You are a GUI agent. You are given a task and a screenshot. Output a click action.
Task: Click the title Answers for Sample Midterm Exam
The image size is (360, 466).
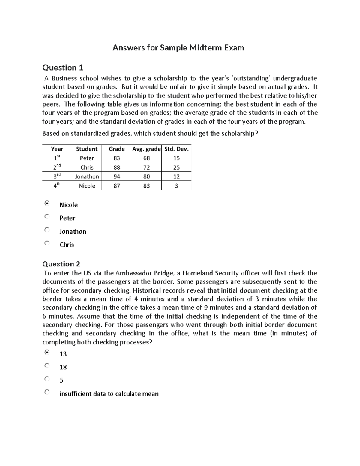click(178, 48)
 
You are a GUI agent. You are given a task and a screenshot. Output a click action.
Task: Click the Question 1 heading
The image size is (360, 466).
click(63, 68)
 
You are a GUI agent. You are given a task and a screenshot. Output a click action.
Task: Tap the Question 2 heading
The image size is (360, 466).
click(61, 264)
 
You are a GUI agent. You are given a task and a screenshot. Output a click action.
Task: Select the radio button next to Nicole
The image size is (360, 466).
click(47, 203)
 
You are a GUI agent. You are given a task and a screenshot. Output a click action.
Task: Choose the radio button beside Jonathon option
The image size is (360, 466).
click(47, 230)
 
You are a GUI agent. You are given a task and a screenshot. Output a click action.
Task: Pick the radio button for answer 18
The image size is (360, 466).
click(47, 365)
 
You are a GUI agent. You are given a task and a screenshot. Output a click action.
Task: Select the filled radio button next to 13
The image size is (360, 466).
click(47, 352)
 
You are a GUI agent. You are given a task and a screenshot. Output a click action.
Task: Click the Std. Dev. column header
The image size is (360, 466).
click(176, 149)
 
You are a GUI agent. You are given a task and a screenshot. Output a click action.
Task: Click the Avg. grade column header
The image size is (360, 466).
click(146, 149)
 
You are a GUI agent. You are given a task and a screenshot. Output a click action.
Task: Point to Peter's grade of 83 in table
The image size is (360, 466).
click(117, 158)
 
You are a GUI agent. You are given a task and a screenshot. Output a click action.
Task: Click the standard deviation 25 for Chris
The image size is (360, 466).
click(176, 167)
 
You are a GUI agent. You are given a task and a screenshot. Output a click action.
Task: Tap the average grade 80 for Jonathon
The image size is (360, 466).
click(146, 176)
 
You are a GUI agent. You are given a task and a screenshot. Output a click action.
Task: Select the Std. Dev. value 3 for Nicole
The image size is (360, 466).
click(176, 186)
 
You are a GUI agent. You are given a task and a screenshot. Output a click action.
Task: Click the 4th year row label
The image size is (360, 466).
click(57, 186)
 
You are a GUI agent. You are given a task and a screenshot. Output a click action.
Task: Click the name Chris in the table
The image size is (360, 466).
click(87, 167)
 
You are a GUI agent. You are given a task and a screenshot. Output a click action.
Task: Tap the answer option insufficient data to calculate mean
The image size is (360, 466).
click(109, 394)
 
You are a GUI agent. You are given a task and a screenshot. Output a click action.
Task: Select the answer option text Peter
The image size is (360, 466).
click(67, 218)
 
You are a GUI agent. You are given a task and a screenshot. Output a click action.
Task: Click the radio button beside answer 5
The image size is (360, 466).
click(47, 379)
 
